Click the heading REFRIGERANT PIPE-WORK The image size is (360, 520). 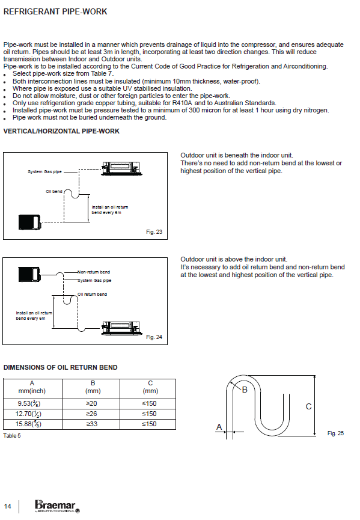pyautogui.click(x=55, y=11)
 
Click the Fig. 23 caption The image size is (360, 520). pyautogui.click(x=154, y=232)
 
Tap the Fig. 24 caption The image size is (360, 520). pyautogui.click(x=154, y=337)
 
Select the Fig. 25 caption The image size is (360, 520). pyautogui.click(x=335, y=433)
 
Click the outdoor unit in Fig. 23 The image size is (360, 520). pyautogui.click(x=30, y=222)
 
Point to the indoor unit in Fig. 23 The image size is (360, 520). pyautogui.click(x=121, y=168)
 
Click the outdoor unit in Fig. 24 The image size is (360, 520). pyautogui.click(x=30, y=274)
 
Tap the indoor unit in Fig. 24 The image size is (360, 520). pyautogui.click(x=121, y=328)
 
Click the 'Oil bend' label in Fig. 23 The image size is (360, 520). pyautogui.click(x=53, y=191)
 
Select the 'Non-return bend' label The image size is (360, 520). pyautogui.click(x=94, y=272)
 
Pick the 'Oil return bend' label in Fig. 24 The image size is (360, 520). pyautogui.click(x=93, y=294)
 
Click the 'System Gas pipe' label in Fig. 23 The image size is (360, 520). pyautogui.click(x=44, y=172)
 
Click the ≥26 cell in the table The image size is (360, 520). pyautogui.click(x=92, y=414)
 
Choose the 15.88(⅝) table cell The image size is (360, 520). pyautogui.click(x=28, y=424)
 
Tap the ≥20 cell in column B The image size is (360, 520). pyautogui.click(x=92, y=403)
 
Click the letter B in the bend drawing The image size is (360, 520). pyautogui.click(x=245, y=390)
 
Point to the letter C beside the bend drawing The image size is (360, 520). pyautogui.click(x=309, y=406)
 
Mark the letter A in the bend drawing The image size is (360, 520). pyautogui.click(x=219, y=427)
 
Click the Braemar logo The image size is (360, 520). pyautogui.click(x=57, y=506)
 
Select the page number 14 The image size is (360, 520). pyautogui.click(x=7, y=506)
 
